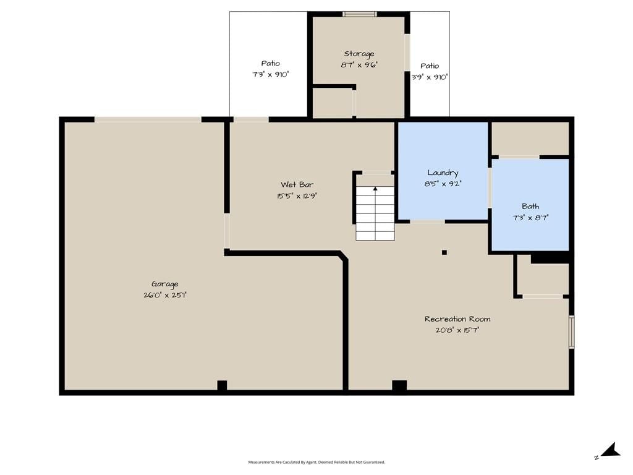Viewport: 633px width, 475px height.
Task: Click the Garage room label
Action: (164, 285)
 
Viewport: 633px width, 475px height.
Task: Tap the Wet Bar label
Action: (297, 184)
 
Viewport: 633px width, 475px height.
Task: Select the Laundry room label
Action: (443, 173)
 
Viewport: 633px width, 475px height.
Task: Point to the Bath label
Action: (530, 206)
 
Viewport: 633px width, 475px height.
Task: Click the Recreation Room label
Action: (457, 319)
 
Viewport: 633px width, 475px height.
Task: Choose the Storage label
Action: (359, 54)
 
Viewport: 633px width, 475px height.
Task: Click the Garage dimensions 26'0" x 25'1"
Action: (164, 295)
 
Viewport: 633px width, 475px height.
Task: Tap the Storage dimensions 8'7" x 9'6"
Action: (359, 64)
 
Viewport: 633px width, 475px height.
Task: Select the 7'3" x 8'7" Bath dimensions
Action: (530, 218)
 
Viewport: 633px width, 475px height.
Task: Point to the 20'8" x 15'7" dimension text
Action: (457, 330)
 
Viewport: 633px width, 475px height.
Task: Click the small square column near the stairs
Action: (444, 252)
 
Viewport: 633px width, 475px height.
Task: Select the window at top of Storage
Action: (360, 14)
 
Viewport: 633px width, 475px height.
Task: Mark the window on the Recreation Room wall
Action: (572, 332)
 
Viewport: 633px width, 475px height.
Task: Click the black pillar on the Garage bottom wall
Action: (222, 385)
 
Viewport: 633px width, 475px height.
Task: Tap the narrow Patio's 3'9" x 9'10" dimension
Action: (430, 77)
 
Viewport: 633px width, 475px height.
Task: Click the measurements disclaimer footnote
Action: (316, 462)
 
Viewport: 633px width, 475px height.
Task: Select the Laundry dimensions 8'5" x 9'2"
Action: (443, 184)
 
